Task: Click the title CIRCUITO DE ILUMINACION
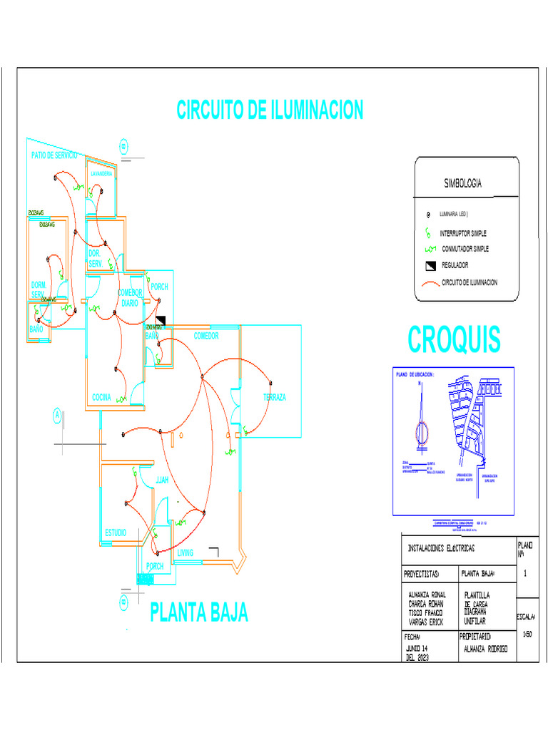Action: (x=270, y=110)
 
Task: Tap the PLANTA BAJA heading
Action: (x=199, y=612)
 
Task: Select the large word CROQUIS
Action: (x=454, y=339)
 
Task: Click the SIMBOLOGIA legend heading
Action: (x=462, y=184)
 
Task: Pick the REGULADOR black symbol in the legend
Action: (x=430, y=266)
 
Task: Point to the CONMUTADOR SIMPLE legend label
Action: (x=465, y=249)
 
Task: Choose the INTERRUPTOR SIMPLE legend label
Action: (x=463, y=233)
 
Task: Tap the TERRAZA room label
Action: (x=274, y=397)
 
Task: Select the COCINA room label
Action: (x=101, y=397)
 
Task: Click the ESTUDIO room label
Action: (x=116, y=533)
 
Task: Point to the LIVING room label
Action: (x=186, y=553)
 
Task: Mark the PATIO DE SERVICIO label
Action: (x=54, y=155)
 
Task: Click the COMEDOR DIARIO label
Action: (x=131, y=297)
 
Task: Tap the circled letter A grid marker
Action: (x=56, y=416)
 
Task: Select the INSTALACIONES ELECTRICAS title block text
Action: (x=440, y=549)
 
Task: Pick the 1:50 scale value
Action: (x=527, y=633)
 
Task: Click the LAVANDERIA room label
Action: (x=100, y=174)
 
